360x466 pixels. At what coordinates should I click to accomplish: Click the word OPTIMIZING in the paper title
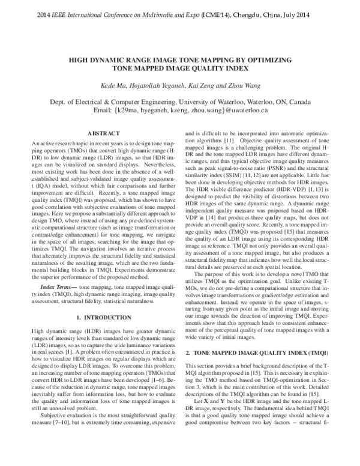tap(262, 61)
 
